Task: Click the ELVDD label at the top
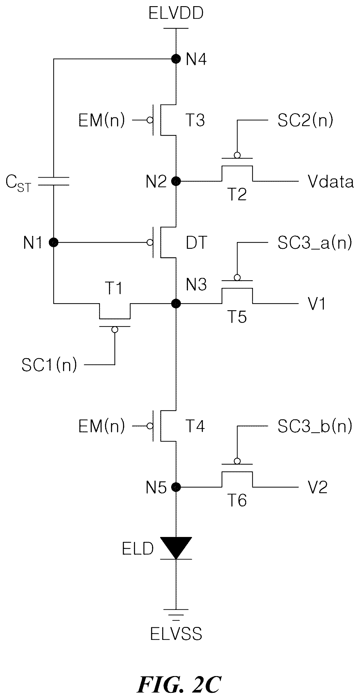tap(176, 14)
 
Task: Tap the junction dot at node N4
tap(176, 59)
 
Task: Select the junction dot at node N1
tap(54, 243)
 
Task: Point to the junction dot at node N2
tap(176, 181)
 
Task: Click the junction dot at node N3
tap(176, 303)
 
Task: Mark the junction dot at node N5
tap(176, 487)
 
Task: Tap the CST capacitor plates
tap(54, 181)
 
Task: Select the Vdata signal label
tap(331, 181)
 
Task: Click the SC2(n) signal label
tap(305, 120)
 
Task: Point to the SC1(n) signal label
tap(49, 365)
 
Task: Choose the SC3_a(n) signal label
tap(314, 243)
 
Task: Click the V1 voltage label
tap(317, 303)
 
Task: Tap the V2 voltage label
tap(318, 487)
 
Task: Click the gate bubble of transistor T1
tap(115, 330)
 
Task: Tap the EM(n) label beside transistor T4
tap(102, 426)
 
